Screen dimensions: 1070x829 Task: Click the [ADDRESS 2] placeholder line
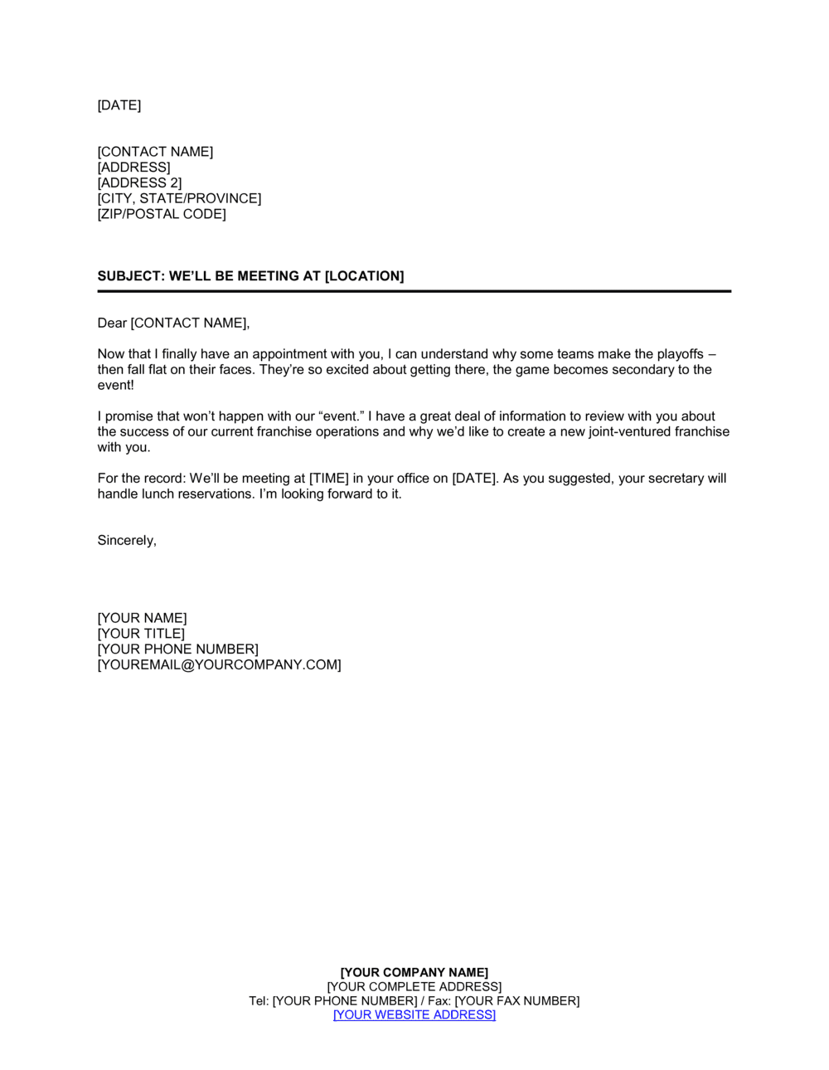pos(139,182)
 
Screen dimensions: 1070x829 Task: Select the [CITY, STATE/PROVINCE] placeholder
pos(179,198)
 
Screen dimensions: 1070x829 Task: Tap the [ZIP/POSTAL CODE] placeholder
pos(162,214)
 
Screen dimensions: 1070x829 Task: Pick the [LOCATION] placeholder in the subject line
pos(364,276)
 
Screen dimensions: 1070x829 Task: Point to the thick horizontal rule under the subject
pos(414,291)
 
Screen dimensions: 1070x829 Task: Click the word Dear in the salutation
pos(112,323)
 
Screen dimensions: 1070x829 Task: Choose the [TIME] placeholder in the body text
pos(329,479)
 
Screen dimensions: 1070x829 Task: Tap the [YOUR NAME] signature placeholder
pos(142,618)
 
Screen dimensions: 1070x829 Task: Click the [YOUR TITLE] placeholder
pos(141,634)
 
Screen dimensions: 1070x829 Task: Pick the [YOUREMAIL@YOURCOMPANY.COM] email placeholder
pos(219,665)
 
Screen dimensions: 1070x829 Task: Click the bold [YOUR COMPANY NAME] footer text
pos(414,972)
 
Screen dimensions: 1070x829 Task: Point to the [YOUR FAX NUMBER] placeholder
pos(517,1001)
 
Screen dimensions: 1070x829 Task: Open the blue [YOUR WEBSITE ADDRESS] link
pos(414,1015)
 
